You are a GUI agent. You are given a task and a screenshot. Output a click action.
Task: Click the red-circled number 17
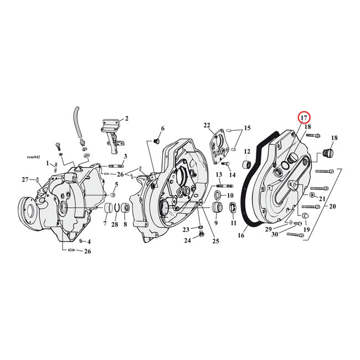click(304, 118)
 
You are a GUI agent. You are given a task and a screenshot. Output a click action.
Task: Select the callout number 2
click(126, 119)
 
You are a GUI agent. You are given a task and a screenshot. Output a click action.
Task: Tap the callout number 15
click(247, 128)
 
